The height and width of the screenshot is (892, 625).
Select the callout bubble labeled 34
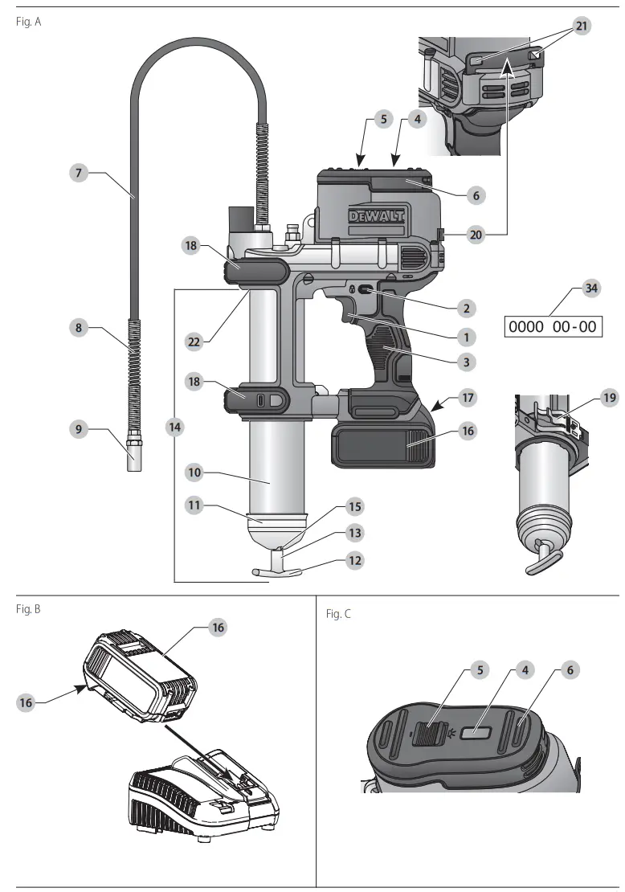coord(592,288)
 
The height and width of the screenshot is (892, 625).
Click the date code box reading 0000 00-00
coord(554,327)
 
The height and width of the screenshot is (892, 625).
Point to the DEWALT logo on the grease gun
coord(376,216)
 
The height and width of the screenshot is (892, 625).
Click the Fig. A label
coord(28,22)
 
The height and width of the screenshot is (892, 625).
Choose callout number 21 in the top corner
coord(582,27)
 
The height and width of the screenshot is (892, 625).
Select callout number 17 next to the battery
coord(467,396)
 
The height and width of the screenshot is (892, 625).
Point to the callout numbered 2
coord(467,307)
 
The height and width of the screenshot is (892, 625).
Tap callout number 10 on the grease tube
coord(194,473)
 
